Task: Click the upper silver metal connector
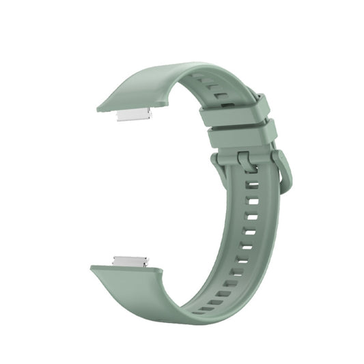coord(134,114)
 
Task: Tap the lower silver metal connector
coord(130,261)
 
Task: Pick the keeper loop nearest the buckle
coord(242,136)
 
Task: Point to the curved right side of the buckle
coord(285,171)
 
